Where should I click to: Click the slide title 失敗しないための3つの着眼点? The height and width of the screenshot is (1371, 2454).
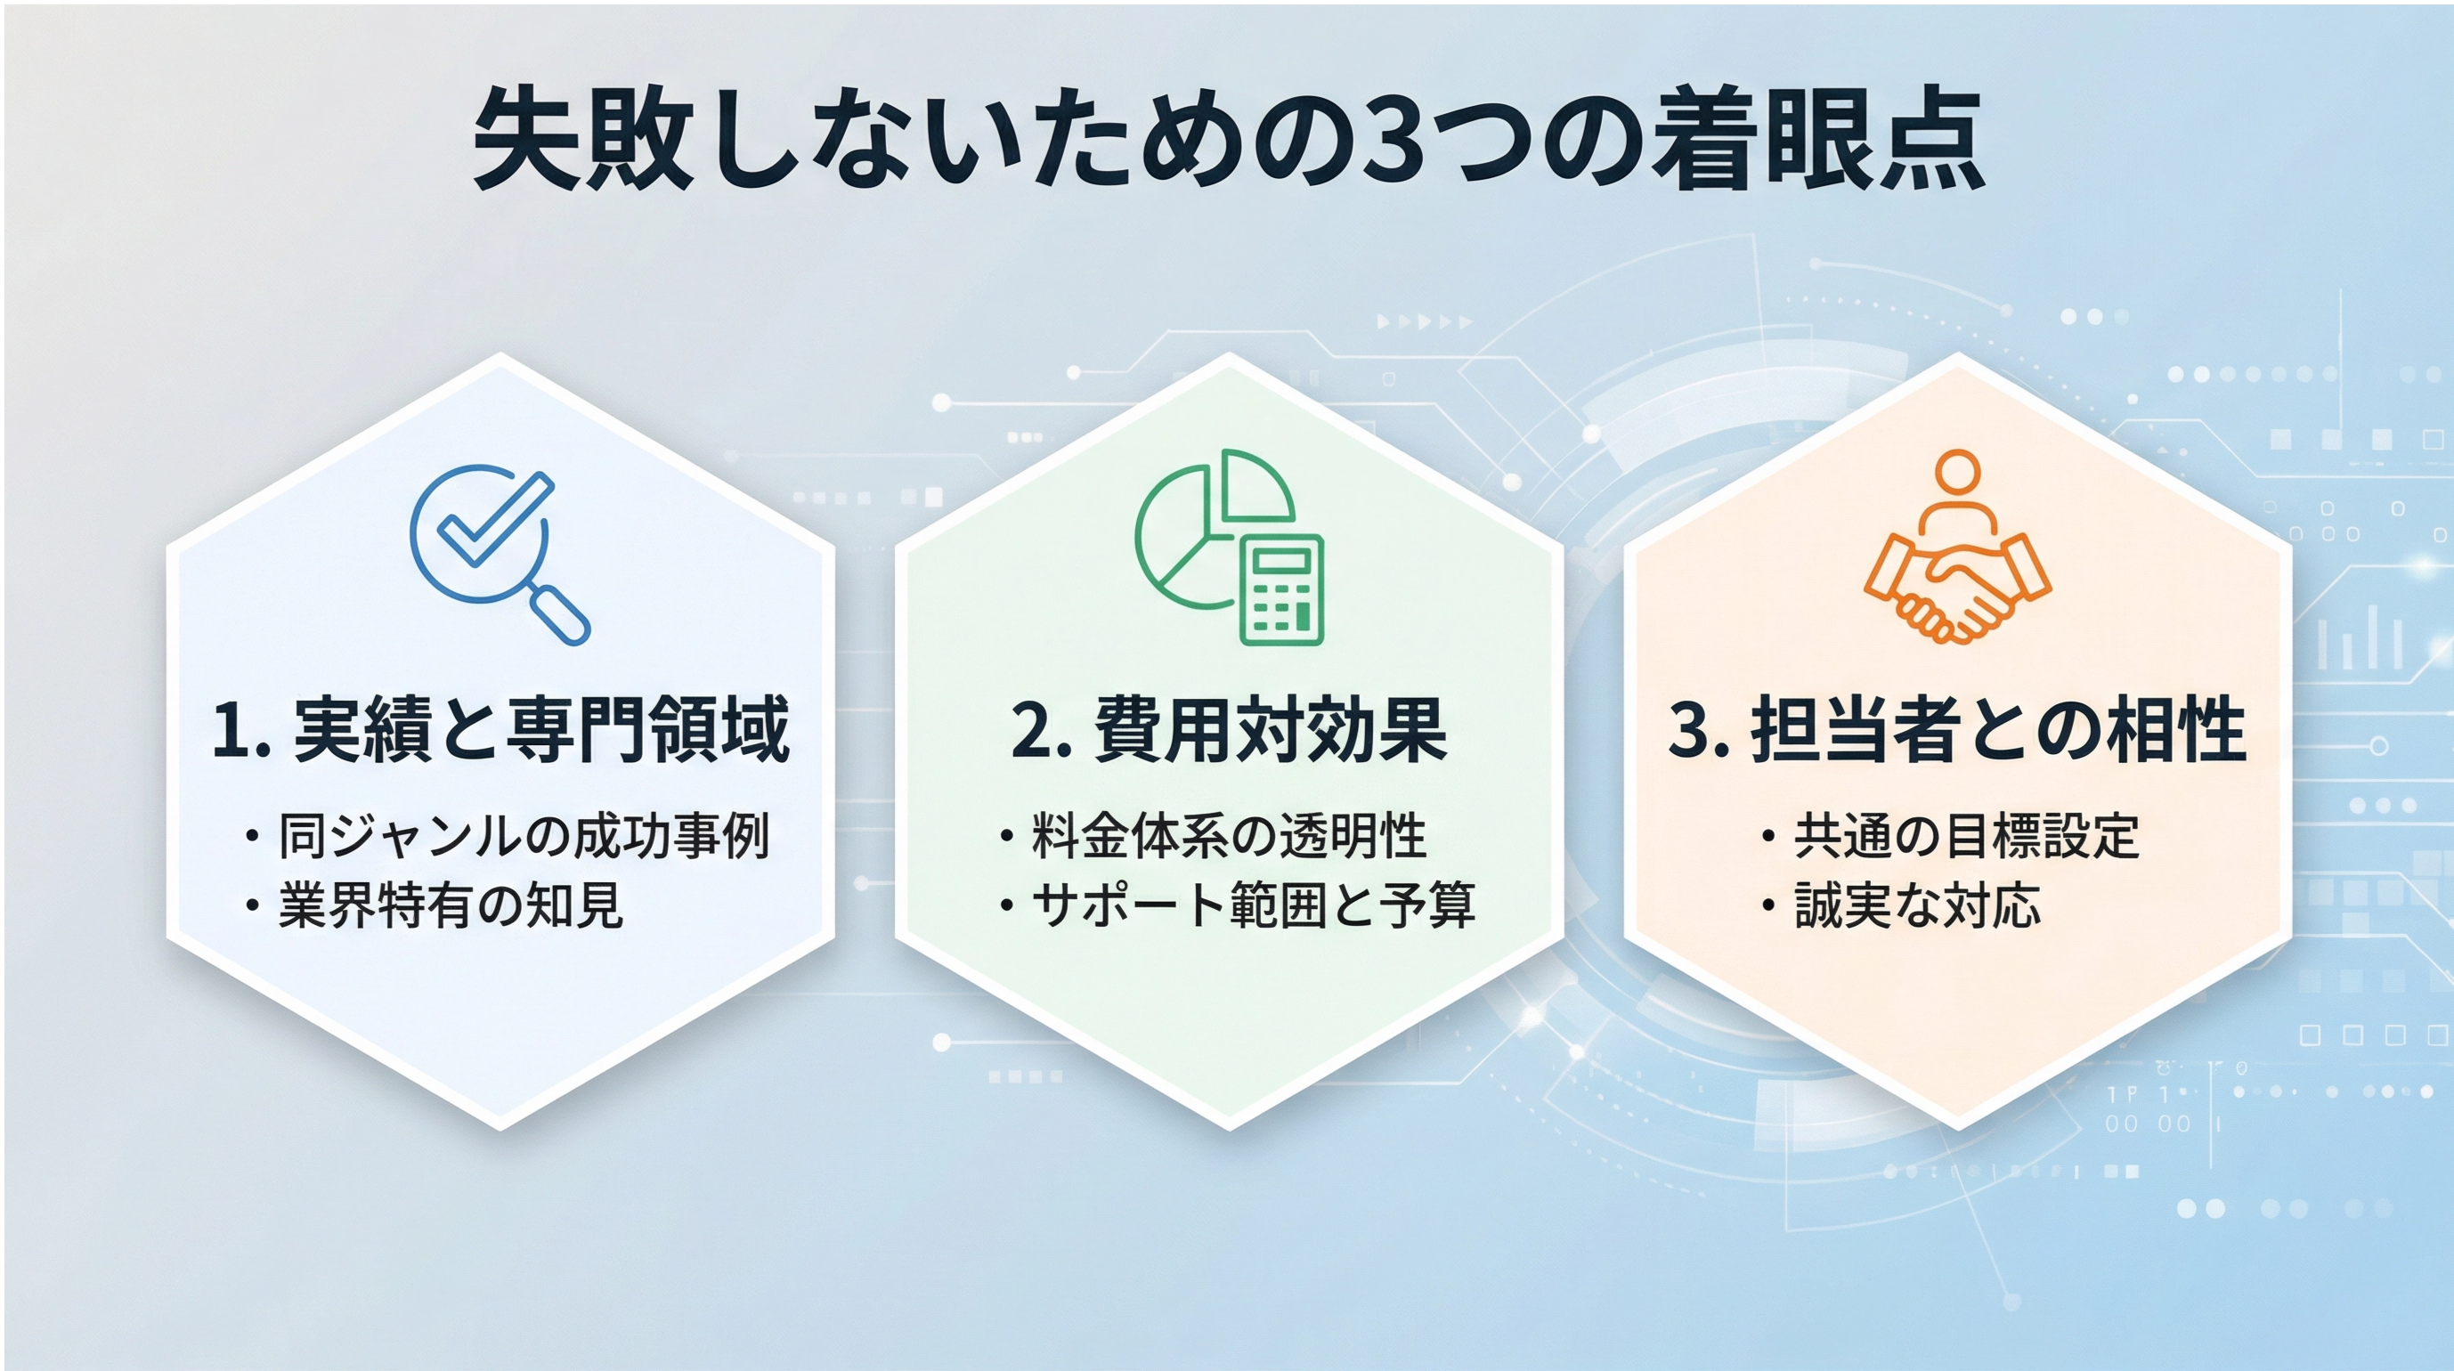coord(1229,139)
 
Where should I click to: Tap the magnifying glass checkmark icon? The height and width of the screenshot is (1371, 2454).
coord(500,556)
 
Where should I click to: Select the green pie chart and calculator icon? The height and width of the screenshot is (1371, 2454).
coord(1230,547)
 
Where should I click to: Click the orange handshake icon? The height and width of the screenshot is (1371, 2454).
coord(1958,546)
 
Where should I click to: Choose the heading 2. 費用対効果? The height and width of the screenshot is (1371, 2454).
coord(1229,730)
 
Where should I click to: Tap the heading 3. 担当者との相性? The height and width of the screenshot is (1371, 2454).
coord(1958,730)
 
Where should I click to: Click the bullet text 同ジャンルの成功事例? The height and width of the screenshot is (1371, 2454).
coord(524,837)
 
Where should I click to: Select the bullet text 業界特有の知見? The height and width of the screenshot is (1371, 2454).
coord(451,905)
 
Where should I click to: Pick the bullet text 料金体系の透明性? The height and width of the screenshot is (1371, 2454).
coord(1229,837)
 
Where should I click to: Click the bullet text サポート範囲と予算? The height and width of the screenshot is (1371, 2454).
coord(1254,905)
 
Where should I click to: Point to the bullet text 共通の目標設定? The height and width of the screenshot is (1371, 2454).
coord(1967,837)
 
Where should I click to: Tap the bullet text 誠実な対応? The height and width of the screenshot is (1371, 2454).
coord(1918,905)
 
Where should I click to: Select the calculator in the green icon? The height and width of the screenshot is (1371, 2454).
coord(1281,589)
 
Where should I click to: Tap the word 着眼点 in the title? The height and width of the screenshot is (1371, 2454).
coord(1818,139)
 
